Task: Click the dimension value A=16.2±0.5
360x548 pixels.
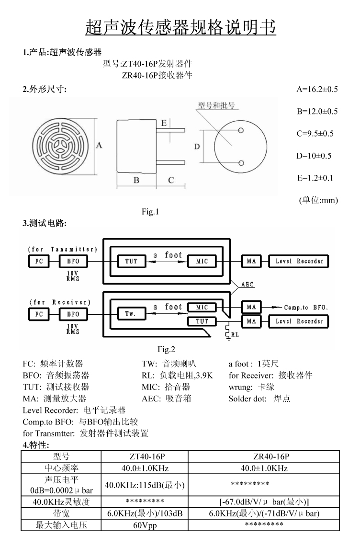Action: click(x=317, y=89)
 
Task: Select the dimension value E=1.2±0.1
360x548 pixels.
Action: click(x=315, y=178)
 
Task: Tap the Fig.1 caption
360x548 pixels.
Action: click(x=150, y=211)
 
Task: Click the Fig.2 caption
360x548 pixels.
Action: click(x=166, y=349)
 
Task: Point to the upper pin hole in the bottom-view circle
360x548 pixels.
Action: click(x=241, y=130)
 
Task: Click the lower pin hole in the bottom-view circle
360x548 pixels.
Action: click(x=241, y=163)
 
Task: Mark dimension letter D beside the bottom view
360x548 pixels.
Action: click(x=197, y=147)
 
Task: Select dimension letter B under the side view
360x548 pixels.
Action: click(x=136, y=180)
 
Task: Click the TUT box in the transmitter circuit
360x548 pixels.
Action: click(x=131, y=262)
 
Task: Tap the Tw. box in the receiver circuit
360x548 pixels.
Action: click(x=131, y=314)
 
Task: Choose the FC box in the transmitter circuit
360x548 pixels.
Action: click(x=39, y=262)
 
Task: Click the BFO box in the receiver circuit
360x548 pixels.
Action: click(x=73, y=314)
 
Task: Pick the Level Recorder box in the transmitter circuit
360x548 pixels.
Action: click(x=299, y=262)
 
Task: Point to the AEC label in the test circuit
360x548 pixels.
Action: click(x=247, y=285)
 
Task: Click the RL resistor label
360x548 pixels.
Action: click(x=235, y=335)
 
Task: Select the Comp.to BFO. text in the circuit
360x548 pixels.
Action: click(x=305, y=308)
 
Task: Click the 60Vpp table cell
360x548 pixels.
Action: click(x=145, y=525)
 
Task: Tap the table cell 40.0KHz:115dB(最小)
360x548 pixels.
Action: click(x=145, y=485)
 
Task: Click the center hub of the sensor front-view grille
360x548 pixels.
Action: click(x=63, y=147)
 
